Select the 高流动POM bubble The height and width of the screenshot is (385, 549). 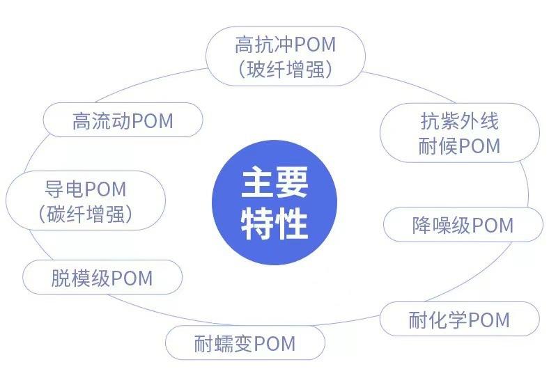pos(123,121)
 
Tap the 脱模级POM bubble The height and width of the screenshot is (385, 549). pos(102,278)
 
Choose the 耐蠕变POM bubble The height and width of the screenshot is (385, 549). pos(245,343)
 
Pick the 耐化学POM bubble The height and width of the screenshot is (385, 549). pos(459,320)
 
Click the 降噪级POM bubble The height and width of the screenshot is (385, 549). pos(463,225)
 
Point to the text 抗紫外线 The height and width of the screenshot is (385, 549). pos(460,121)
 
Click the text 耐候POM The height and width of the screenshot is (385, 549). pos(460,146)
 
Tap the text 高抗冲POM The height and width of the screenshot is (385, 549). pos(286,45)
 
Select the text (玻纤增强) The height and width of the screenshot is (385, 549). pos(286,70)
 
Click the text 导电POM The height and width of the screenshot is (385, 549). pos(85,188)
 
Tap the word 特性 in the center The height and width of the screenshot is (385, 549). pos(274,223)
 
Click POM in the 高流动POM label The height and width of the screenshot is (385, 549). pos(152,121)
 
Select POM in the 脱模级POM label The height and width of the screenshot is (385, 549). pos(132,278)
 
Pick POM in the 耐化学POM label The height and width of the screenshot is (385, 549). pos(489,320)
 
